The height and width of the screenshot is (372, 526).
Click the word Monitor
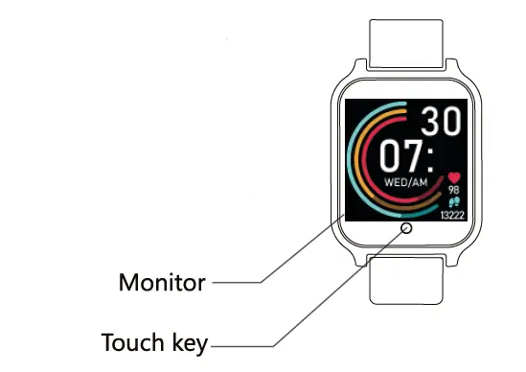click(x=161, y=283)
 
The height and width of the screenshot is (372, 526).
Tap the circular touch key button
click(x=405, y=228)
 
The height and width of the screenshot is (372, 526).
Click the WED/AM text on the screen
click(x=406, y=180)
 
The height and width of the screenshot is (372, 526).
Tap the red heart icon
click(x=452, y=177)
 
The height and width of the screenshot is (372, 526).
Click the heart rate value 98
click(x=452, y=190)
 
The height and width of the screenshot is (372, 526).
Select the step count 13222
click(x=452, y=215)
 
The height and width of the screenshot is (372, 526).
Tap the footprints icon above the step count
click(x=452, y=202)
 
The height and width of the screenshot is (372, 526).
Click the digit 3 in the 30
click(x=435, y=121)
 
